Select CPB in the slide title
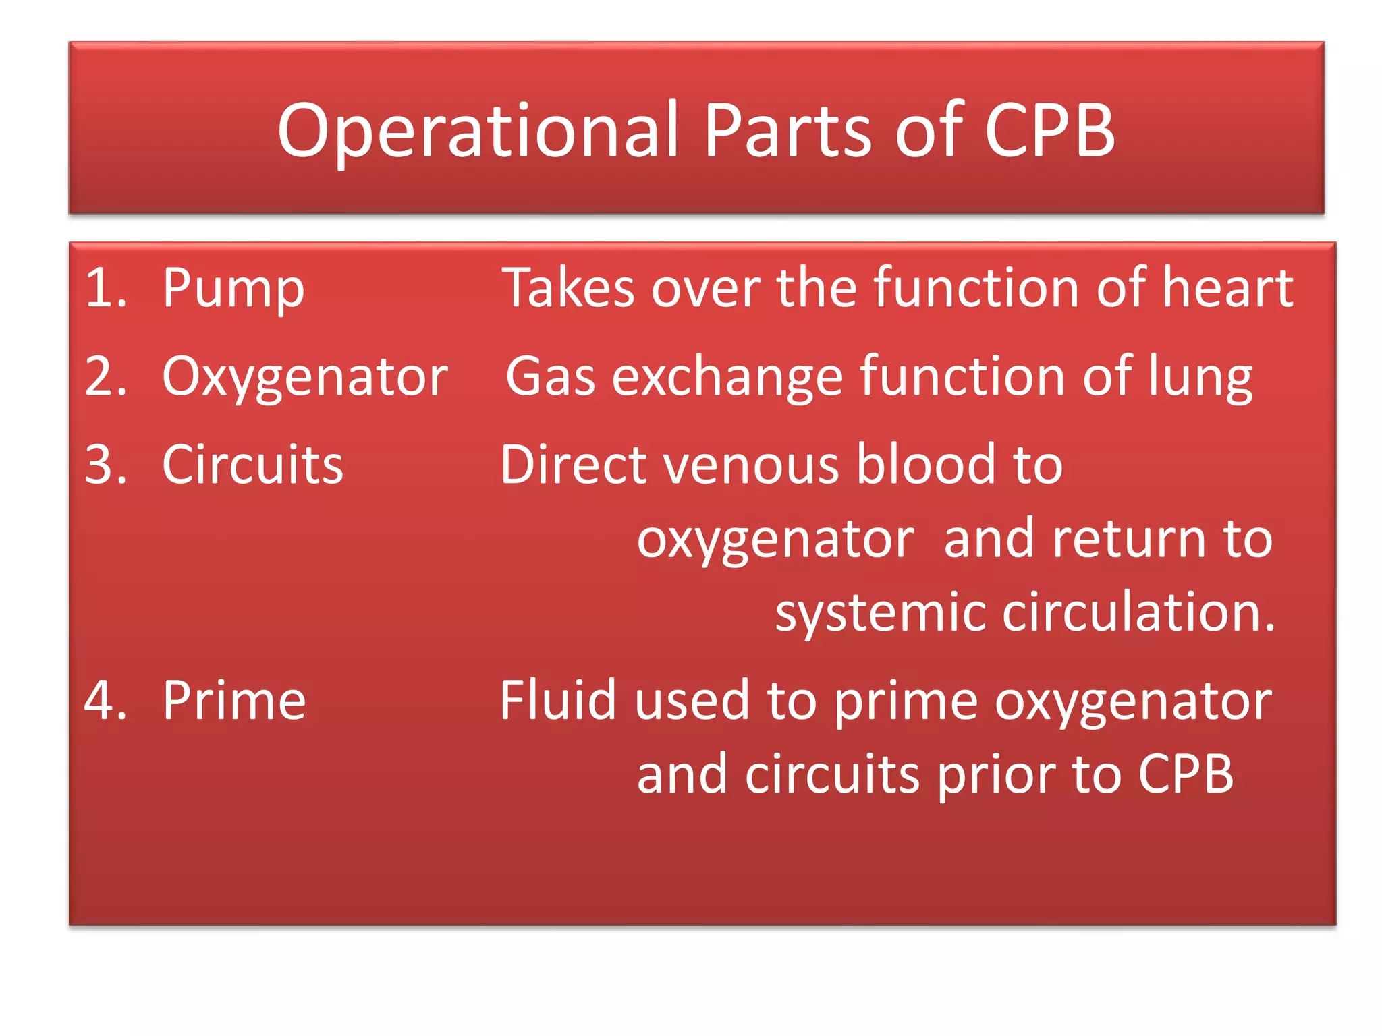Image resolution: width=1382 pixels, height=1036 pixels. (1049, 130)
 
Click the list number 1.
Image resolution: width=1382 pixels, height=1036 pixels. (105, 288)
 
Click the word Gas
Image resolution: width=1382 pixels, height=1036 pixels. (550, 376)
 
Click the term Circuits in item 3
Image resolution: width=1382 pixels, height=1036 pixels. (252, 465)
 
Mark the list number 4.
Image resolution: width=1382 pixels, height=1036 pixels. (105, 701)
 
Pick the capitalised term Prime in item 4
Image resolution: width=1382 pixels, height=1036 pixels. (234, 701)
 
